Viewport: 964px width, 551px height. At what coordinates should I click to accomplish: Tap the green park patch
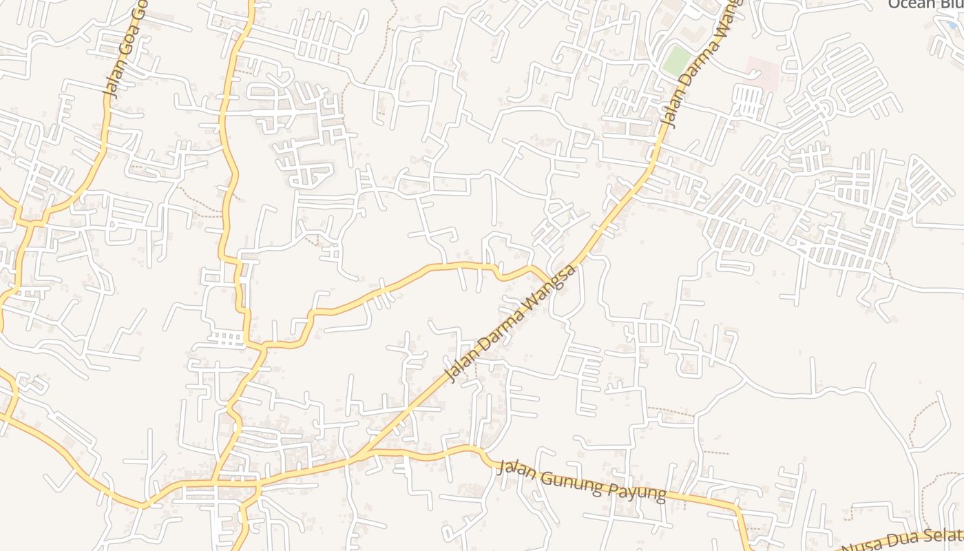676,60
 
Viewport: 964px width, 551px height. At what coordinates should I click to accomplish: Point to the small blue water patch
952,25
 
